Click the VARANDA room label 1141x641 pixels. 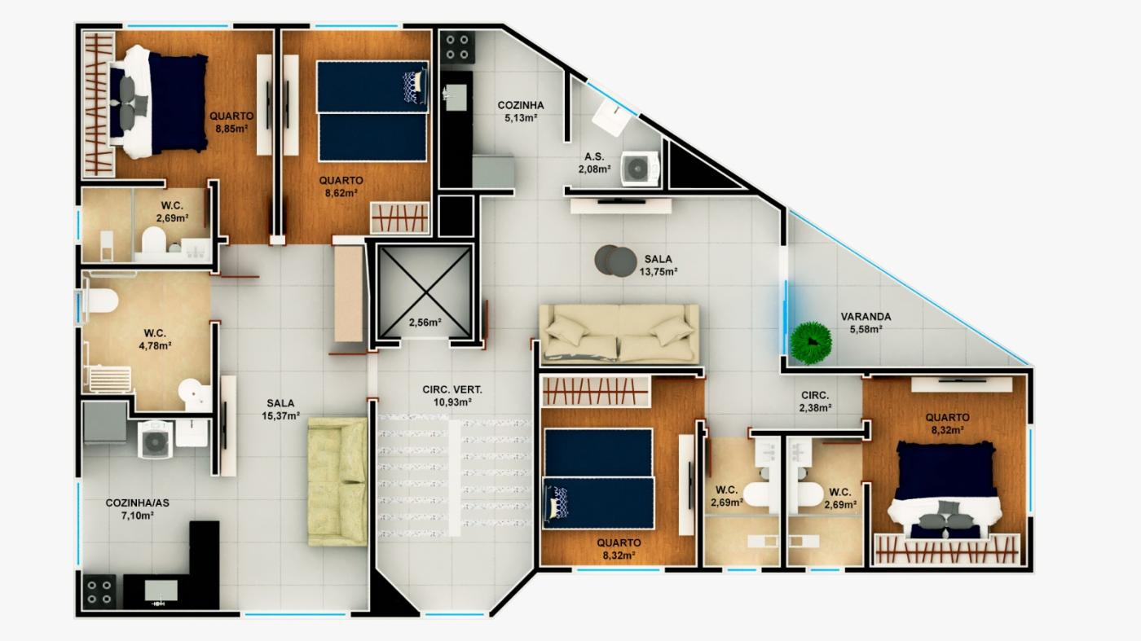866,317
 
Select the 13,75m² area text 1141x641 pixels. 659,272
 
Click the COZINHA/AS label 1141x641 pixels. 138,503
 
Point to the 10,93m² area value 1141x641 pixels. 452,402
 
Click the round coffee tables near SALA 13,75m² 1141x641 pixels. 615,261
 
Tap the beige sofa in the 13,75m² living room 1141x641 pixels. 619,334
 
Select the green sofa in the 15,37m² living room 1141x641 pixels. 337,481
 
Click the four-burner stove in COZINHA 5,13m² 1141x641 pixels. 457,47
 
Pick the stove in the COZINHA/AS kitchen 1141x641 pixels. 99,591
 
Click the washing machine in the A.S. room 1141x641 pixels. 640,168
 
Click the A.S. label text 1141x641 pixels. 594,157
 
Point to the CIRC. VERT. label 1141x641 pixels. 452,390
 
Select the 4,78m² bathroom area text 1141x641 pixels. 155,346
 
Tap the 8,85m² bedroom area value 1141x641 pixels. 231,129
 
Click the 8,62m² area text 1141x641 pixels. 341,193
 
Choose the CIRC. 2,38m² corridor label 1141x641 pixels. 815,402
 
